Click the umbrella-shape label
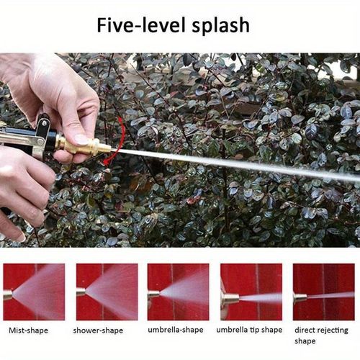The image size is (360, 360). tap(176, 330)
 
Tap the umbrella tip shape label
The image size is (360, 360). tap(249, 330)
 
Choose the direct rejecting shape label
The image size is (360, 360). tap(322, 336)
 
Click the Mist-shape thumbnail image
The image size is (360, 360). tap(34, 292)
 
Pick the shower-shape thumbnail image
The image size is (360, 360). tap(107, 292)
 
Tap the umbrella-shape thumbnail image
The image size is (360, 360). tap(178, 292)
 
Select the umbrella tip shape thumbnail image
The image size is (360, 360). tap(251, 292)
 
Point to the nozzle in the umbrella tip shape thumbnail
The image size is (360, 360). tap(230, 297)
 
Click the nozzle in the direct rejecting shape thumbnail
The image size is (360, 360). tap(299, 297)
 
